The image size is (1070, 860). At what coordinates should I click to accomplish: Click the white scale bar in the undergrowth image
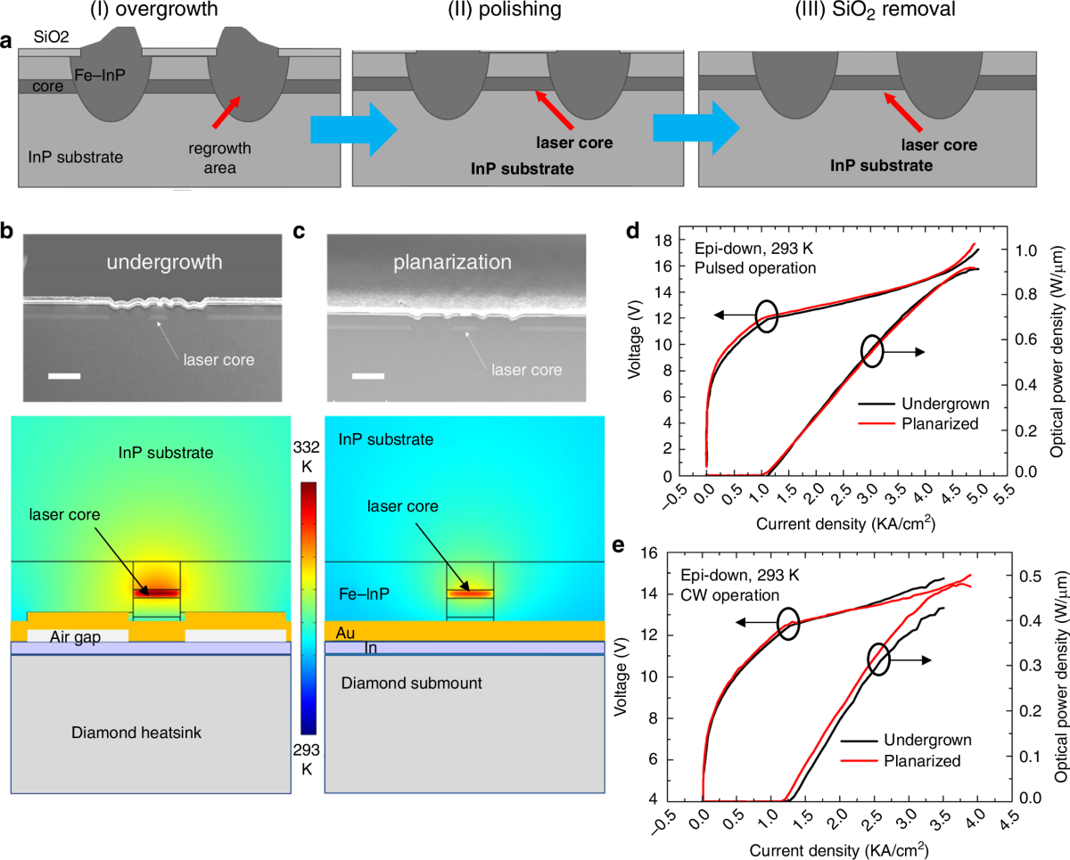pyautogui.click(x=63, y=376)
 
